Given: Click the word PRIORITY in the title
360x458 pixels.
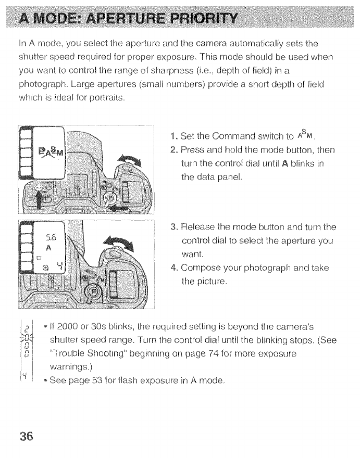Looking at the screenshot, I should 206,20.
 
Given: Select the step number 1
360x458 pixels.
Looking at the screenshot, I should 175,137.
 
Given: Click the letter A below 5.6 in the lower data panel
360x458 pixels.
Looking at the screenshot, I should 48,249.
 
